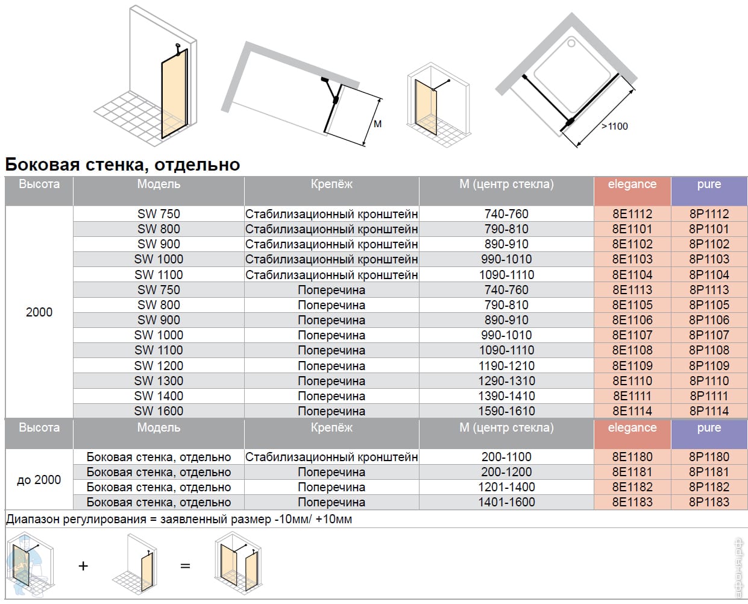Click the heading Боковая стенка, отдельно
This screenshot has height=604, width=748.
(122, 164)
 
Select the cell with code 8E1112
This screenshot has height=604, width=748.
(632, 214)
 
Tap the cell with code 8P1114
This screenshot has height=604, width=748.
(709, 411)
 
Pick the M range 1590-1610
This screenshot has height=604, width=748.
(506, 411)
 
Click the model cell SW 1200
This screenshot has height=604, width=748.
(159, 366)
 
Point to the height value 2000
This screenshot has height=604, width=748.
(39, 312)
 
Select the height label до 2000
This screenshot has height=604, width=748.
(39, 480)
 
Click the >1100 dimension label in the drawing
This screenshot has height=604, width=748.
(615, 126)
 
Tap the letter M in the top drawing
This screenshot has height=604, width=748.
(378, 124)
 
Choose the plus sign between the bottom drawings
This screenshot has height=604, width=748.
(83, 566)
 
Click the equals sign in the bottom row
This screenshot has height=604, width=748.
(185, 566)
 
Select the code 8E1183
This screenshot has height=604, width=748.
(632, 502)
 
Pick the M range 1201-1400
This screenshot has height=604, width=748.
(506, 487)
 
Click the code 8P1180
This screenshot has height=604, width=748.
(709, 457)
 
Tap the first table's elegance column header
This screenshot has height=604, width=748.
(632, 184)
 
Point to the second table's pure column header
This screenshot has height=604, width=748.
(709, 428)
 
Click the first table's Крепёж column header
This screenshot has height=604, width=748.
(331, 184)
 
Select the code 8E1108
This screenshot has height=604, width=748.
(632, 350)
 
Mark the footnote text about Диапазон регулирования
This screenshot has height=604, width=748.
(179, 519)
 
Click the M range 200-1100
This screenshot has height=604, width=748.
(506, 457)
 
